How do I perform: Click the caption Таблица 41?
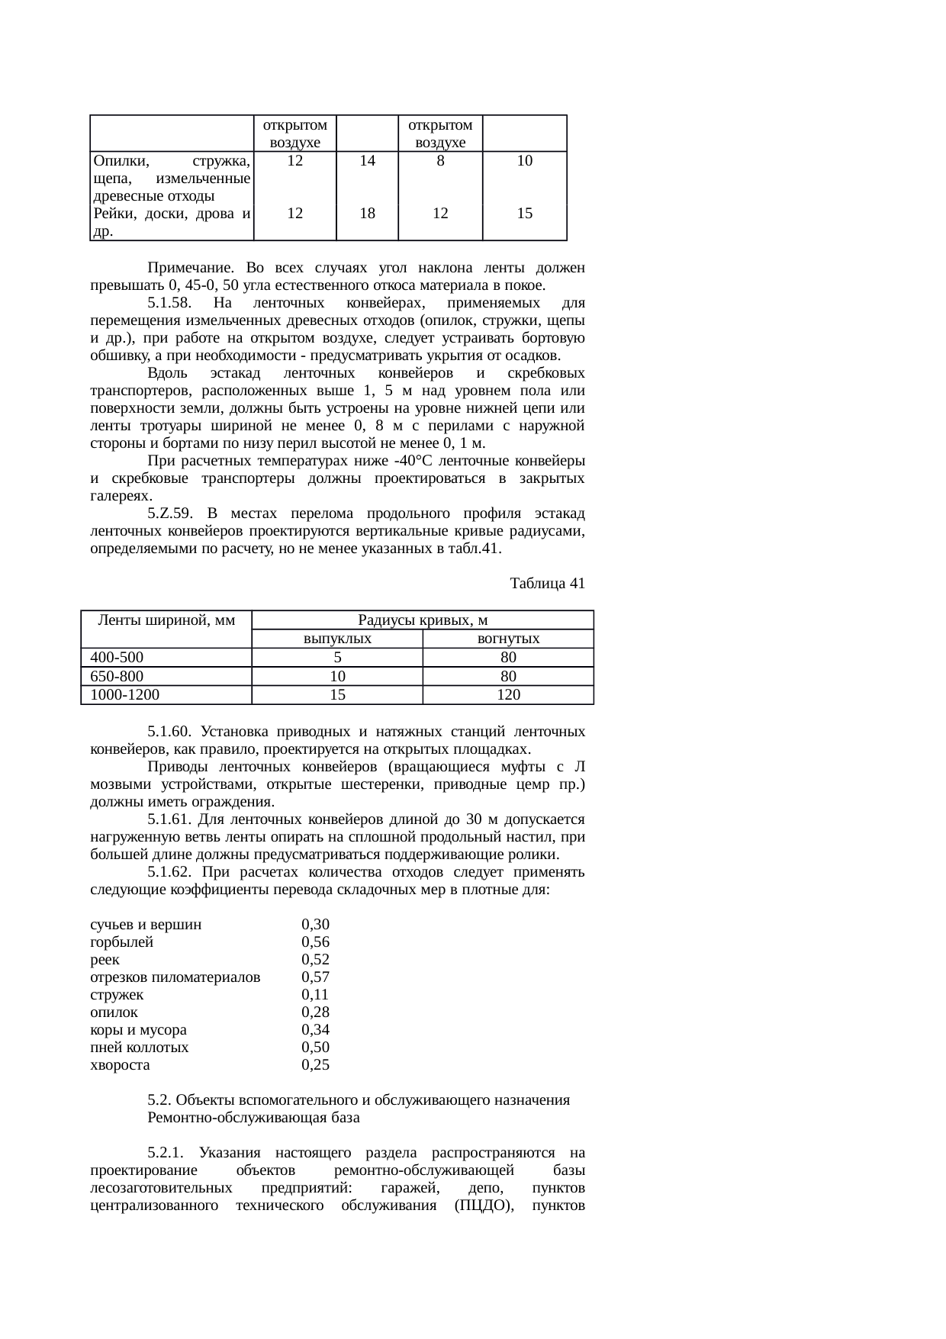547,584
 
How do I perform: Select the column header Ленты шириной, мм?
166,620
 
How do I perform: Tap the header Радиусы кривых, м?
423,620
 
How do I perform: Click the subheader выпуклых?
337,639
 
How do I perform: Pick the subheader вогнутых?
508,639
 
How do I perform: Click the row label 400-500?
117,658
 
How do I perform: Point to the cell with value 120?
508,695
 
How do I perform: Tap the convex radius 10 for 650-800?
337,676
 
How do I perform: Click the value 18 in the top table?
367,214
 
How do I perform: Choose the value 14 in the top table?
367,161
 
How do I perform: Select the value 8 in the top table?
440,161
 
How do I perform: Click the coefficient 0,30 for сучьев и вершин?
315,925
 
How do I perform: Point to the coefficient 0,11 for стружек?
315,995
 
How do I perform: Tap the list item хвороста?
120,1065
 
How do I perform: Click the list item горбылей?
121,942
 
